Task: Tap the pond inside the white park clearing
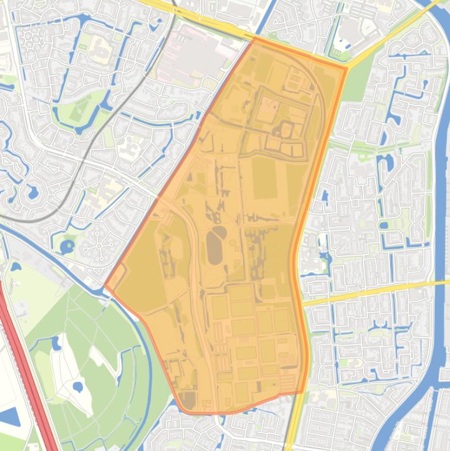pyautogui.click(x=77, y=387)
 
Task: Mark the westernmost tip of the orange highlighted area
pyautogui.click(x=105, y=286)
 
